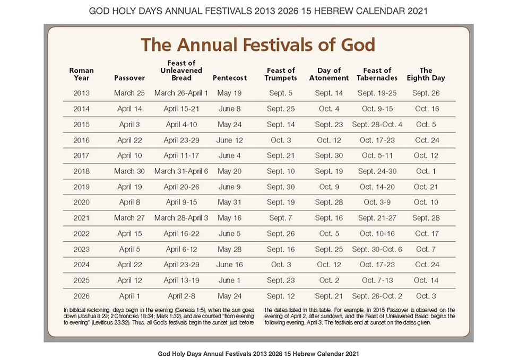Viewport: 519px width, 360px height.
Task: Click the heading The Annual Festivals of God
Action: pos(257,45)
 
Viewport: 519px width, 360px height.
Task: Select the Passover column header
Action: pos(129,77)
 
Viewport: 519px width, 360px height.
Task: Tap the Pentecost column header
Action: pos(230,77)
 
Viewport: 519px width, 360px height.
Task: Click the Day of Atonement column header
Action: pos(329,74)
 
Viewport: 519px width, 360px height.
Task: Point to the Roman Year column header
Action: pos(81,74)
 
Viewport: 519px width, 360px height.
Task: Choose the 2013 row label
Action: pos(81,93)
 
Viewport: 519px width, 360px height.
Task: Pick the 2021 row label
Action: pos(81,218)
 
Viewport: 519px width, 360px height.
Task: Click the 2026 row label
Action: pos(81,296)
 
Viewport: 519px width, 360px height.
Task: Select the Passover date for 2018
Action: pos(129,171)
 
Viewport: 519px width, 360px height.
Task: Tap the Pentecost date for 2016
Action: pos(230,140)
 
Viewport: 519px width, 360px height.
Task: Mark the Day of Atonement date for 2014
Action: pos(329,109)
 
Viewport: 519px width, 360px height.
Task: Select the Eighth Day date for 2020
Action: pos(426,203)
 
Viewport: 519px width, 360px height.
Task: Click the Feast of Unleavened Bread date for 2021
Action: pos(181,218)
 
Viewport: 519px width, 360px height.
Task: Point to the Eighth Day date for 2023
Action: pos(426,249)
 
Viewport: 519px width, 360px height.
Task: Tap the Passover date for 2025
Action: pos(129,280)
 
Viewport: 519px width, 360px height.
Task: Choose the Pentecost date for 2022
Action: pos(230,234)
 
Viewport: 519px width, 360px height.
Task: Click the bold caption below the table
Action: pos(259,353)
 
